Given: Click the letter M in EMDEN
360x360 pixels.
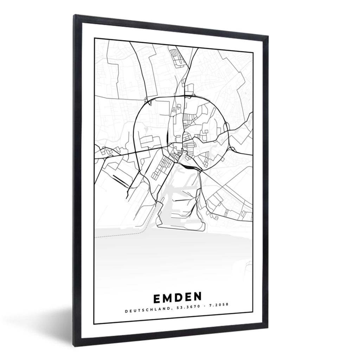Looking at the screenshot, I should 166,298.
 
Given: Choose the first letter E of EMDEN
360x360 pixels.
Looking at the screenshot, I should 156,298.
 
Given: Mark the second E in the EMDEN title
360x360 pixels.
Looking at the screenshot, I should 188,298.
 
